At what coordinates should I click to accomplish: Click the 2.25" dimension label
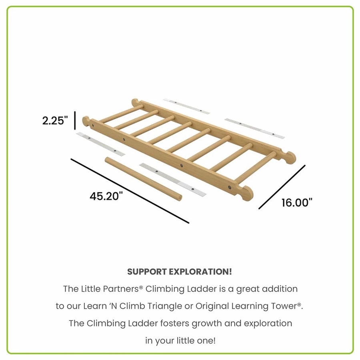(x=55, y=120)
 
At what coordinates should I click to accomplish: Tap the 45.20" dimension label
(x=106, y=196)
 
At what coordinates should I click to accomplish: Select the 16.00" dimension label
(x=297, y=203)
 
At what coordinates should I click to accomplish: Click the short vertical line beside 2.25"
(x=75, y=120)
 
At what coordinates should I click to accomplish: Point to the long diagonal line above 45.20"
(x=130, y=191)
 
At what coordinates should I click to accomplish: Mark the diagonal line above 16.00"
(x=282, y=187)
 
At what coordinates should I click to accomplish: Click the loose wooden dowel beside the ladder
(x=144, y=179)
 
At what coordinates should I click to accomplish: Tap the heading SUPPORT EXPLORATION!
(x=180, y=272)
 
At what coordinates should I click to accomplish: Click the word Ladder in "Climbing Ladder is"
(x=202, y=289)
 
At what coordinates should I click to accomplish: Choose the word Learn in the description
(x=95, y=306)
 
